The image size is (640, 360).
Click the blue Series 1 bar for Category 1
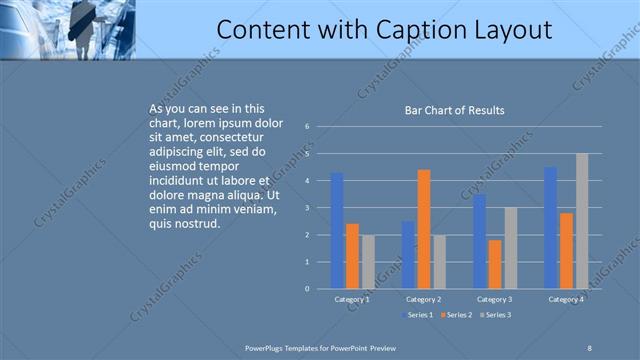(337, 230)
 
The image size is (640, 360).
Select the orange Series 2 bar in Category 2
(424, 229)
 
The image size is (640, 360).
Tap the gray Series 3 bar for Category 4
(582, 221)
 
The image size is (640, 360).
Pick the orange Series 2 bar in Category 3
(495, 264)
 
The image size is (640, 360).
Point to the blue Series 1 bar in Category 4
(551, 228)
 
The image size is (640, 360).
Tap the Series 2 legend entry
(457, 315)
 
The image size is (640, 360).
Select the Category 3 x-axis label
(495, 299)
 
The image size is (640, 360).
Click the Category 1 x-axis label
(352, 299)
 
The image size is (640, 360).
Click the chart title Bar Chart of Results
(454, 110)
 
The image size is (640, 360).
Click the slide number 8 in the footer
(589, 347)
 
